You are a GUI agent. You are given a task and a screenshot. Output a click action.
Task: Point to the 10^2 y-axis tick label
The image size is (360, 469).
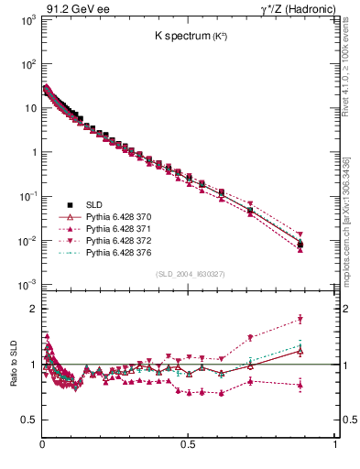tap(28, 64)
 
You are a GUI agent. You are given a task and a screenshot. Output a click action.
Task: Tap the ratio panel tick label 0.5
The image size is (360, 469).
tap(28, 420)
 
